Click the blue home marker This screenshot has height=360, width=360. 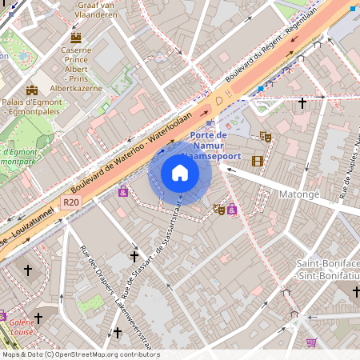point(180,172)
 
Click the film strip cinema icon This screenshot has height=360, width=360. point(257,161)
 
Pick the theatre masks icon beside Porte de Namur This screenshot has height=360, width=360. point(266,137)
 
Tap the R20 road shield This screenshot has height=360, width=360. point(71,203)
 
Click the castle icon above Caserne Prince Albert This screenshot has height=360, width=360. point(76,37)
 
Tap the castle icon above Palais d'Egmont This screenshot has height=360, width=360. point(32,90)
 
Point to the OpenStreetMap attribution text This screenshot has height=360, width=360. point(80,354)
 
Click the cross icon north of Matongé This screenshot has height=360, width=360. point(302,102)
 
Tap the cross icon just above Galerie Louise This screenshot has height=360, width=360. point(38,318)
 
